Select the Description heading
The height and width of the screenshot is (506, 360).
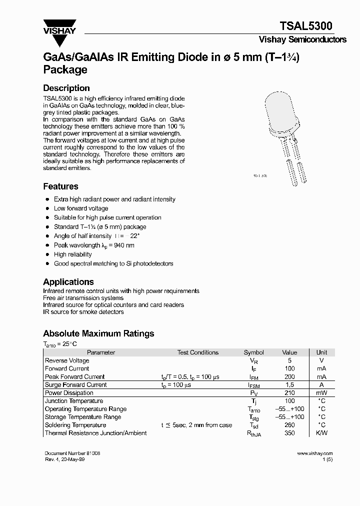coord(66,88)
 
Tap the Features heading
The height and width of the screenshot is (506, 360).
coord(60,186)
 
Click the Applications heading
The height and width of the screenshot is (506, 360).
coord(68,281)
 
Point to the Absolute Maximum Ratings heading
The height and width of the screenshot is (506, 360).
coord(98,333)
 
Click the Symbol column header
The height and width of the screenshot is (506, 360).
coord(253,352)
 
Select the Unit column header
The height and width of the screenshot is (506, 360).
coord(322,352)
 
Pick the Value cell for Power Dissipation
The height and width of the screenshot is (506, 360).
coord(289,393)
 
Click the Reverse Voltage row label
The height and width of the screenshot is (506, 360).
coord(67,360)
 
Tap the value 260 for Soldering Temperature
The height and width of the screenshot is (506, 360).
coord(289,425)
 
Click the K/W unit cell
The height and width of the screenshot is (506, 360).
coord(322,433)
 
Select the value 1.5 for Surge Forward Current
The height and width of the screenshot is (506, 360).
coord(289,385)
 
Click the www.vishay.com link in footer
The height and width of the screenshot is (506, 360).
coord(314,453)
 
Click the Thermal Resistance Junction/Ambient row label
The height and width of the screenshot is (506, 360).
coord(96,433)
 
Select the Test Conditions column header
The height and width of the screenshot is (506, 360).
coord(198,352)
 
